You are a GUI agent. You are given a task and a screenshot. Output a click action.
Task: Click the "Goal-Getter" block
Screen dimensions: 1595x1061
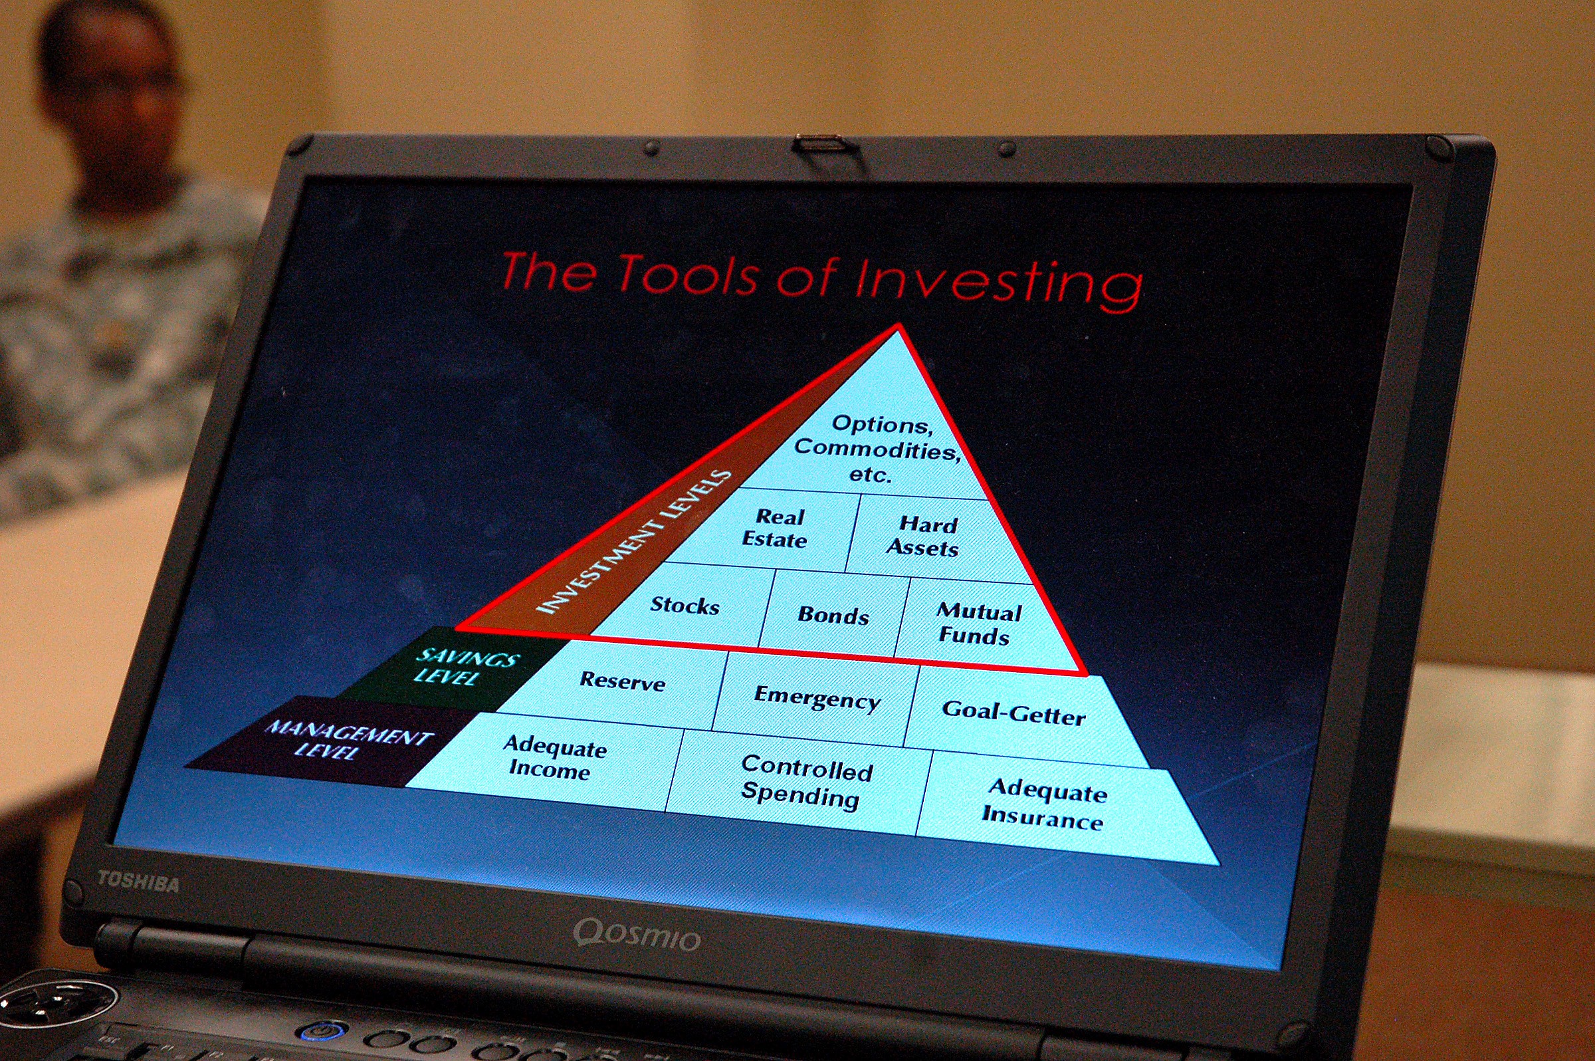[1015, 713]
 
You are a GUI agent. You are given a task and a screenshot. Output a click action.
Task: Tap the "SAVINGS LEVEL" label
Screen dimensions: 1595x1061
[467, 667]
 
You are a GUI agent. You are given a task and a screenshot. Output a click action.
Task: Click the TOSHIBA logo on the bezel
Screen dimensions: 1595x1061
[139, 882]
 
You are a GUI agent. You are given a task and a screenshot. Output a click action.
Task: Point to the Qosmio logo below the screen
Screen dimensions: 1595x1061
[637, 935]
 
